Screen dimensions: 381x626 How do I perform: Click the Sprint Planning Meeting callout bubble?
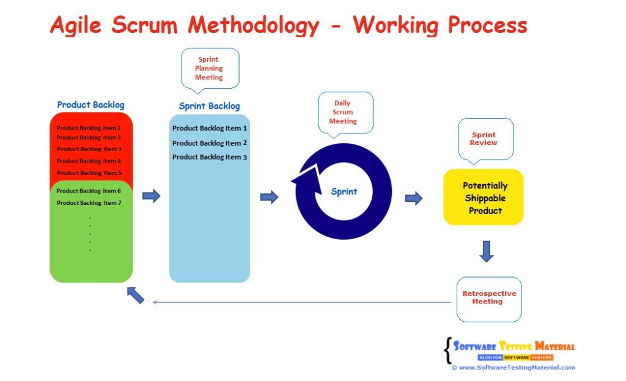(210, 68)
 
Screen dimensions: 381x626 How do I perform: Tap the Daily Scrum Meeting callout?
(342, 112)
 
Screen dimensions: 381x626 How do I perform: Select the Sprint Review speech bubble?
(484, 139)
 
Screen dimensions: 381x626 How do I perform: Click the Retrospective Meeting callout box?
(489, 298)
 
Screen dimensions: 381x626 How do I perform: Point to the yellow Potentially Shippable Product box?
(484, 198)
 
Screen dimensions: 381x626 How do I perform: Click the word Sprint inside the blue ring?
(344, 191)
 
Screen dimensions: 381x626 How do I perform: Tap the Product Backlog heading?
(90, 105)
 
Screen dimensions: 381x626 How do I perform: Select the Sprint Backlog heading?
(209, 106)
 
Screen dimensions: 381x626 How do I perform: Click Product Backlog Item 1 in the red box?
(89, 128)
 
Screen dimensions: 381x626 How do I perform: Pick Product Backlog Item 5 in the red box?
(89, 173)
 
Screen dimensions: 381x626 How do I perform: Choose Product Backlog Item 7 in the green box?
(89, 202)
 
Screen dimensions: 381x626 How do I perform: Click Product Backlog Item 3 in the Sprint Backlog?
(209, 157)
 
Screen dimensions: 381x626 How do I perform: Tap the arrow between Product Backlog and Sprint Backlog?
(151, 196)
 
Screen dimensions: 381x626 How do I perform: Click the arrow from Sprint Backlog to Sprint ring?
(269, 197)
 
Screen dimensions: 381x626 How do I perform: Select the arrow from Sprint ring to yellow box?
(414, 198)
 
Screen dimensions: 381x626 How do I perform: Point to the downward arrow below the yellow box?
(486, 251)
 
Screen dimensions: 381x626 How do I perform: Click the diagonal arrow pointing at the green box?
(136, 295)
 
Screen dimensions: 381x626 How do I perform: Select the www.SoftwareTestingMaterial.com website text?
(517, 368)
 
